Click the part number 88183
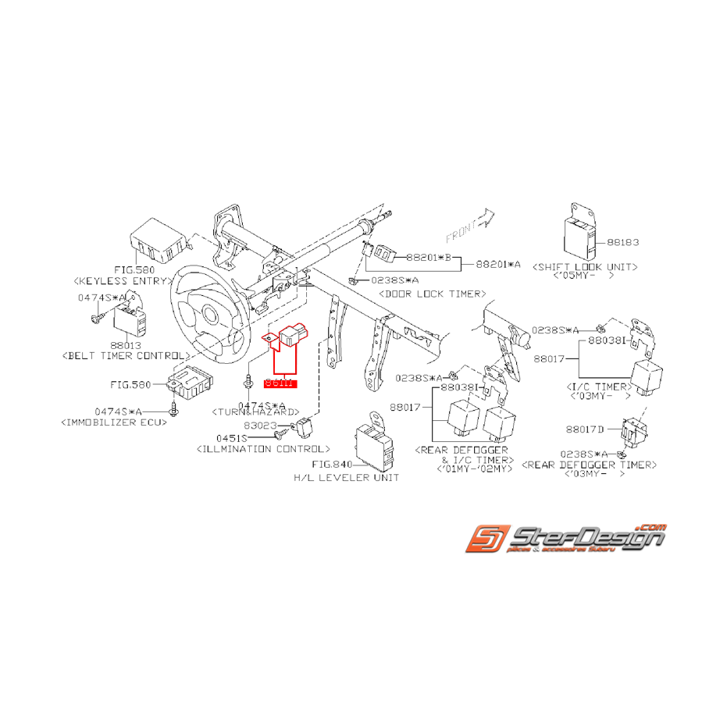point(622,243)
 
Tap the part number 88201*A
point(498,265)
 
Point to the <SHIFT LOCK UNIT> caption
point(585,266)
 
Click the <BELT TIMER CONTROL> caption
point(125,355)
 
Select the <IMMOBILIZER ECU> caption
point(113,422)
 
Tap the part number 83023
point(260,426)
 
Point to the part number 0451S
point(232,438)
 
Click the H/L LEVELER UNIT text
point(346,477)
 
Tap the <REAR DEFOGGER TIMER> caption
point(590,465)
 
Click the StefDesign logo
point(565,539)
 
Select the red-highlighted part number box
point(280,383)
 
